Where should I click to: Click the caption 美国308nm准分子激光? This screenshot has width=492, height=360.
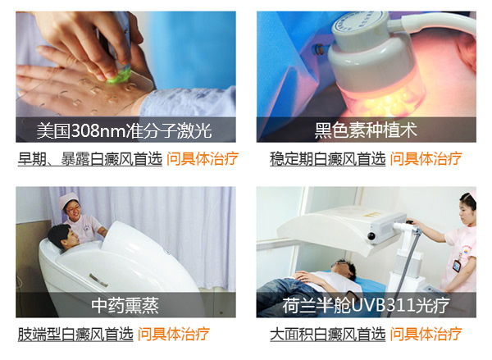(x=125, y=130)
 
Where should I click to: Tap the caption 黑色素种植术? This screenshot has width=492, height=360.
(x=366, y=130)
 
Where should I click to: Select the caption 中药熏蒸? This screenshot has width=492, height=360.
(x=125, y=305)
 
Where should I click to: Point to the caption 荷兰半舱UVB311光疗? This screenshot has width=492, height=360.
(x=366, y=305)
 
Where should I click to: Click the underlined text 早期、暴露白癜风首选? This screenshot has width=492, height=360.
(x=90, y=159)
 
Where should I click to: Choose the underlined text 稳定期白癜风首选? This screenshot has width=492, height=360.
(x=327, y=159)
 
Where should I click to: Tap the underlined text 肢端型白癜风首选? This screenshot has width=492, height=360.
(x=75, y=334)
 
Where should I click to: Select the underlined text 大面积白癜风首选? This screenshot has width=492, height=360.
(x=327, y=334)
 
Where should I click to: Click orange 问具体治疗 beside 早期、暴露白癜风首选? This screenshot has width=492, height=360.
(x=203, y=159)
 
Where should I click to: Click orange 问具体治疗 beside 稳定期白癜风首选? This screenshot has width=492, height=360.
(x=426, y=159)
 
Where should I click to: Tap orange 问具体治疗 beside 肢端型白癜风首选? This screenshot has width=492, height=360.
(x=174, y=334)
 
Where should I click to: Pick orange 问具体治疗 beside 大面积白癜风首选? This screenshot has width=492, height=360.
(x=426, y=334)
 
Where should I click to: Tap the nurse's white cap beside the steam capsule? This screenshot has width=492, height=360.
(x=68, y=199)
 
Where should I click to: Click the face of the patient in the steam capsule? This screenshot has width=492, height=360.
(x=67, y=239)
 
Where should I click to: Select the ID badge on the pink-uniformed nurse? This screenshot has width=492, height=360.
(x=456, y=266)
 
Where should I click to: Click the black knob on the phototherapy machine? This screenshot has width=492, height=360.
(x=371, y=235)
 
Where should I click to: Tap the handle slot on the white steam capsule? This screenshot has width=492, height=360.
(x=98, y=280)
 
